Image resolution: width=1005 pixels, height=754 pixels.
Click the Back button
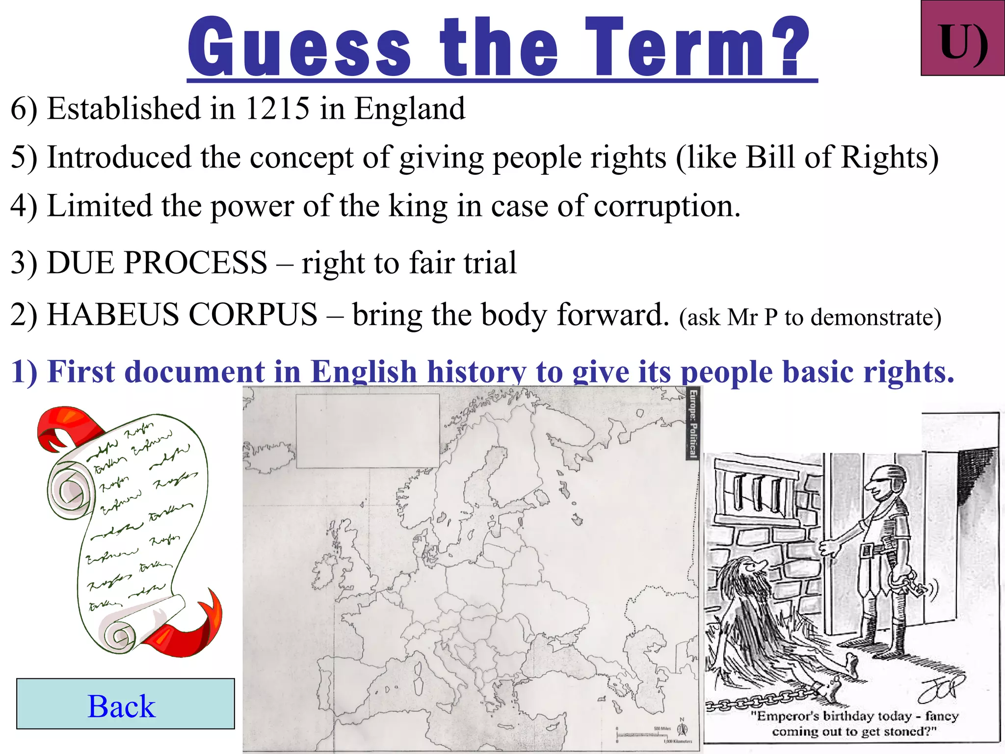[x=125, y=704]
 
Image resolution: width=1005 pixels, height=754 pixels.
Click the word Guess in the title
[x=299, y=48]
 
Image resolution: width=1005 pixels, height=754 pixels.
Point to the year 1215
[x=277, y=108]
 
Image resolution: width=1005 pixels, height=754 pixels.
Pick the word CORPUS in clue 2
[x=253, y=314]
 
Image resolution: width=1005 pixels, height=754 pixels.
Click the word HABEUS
[x=113, y=314]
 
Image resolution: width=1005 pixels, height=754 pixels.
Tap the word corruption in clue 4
[x=666, y=206]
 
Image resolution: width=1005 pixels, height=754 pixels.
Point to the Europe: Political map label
[x=692, y=423]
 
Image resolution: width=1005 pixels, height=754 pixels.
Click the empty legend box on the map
[x=368, y=431]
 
